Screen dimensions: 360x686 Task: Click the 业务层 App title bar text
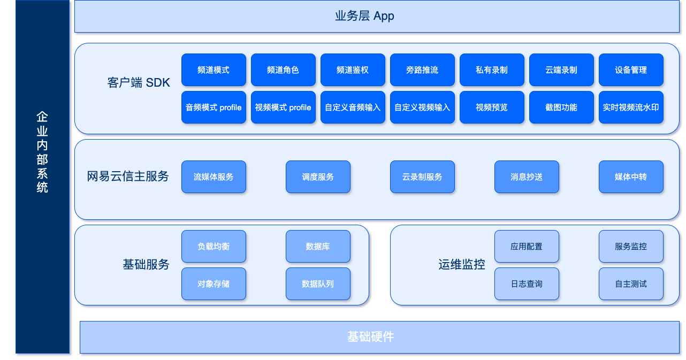[x=364, y=16]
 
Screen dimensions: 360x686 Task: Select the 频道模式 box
[x=214, y=70]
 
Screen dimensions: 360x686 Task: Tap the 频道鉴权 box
[x=353, y=70]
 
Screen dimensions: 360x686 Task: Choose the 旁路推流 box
[x=422, y=70]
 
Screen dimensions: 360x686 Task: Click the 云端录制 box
[x=561, y=70]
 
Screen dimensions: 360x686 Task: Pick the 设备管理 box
[x=631, y=70]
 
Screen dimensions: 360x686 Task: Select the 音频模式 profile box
[x=214, y=108]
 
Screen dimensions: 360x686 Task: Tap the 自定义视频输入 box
[x=422, y=108]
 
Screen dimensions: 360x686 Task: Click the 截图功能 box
[x=561, y=108]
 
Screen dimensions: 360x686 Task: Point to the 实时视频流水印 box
[x=631, y=108]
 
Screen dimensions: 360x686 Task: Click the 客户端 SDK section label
[x=139, y=83]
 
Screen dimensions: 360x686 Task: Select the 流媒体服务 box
[x=214, y=177]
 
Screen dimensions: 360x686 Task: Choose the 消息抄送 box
[x=527, y=177]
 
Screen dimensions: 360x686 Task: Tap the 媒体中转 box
[x=631, y=177]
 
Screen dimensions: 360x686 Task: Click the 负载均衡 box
[x=214, y=247]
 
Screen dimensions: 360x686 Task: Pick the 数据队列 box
[x=318, y=284]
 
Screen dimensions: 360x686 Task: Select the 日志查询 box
[x=527, y=284]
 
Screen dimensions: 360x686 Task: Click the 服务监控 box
[x=631, y=247]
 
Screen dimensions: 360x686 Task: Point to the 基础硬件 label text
[x=371, y=337]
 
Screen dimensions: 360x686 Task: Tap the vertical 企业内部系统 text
[x=42, y=152]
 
